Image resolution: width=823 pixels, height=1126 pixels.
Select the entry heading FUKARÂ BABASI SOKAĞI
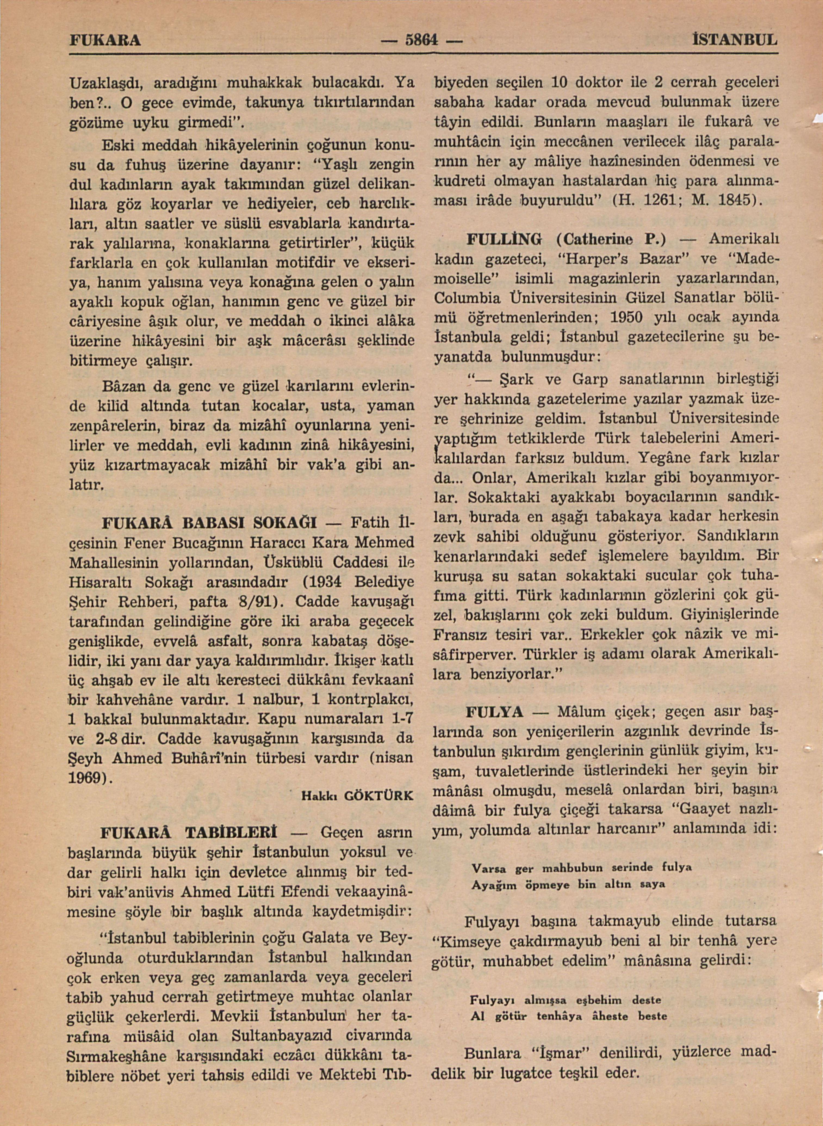click(210, 523)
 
